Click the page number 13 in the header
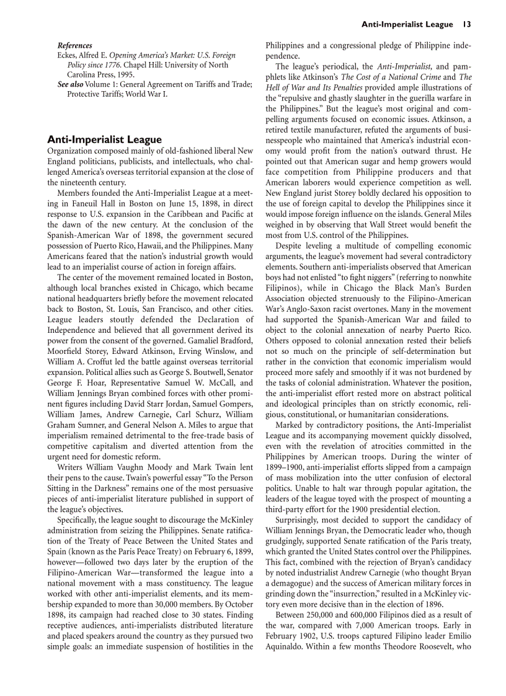point(467,24)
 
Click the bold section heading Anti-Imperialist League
point(104,139)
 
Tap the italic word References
point(74,46)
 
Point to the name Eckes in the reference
point(68,55)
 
